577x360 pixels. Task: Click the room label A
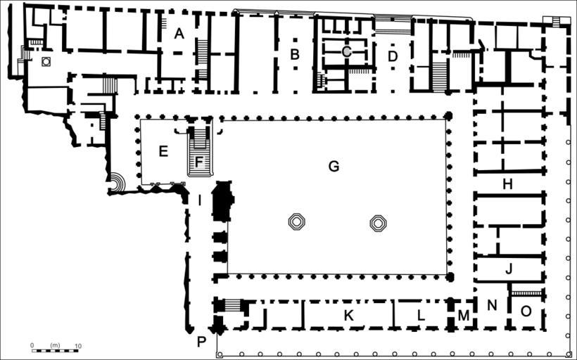179,34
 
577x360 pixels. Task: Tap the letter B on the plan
294,54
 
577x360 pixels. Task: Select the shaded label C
347,52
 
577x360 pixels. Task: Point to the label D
393,57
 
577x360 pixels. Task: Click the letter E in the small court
163,151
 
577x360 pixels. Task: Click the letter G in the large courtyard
334,167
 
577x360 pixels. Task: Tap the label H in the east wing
507,184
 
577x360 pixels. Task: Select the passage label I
199,201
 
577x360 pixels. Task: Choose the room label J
509,269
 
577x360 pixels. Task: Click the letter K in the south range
348,315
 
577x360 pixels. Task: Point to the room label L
421,315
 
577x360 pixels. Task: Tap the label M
464,315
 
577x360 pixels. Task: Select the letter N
492,305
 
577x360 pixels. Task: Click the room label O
526,311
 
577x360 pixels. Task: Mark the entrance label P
201,342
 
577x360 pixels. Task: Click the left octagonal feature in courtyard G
297,222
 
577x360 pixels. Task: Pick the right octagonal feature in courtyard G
379,223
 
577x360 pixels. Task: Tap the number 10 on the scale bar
78,346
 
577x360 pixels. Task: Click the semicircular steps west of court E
118,182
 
